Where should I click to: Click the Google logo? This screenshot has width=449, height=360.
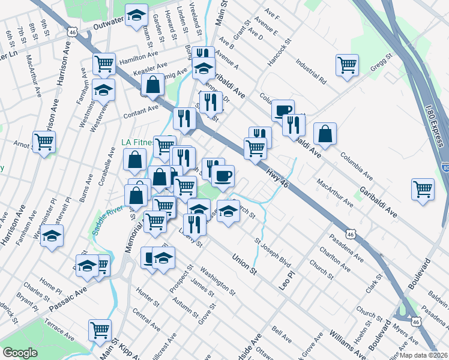(20, 353)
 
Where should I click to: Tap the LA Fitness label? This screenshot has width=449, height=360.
(136, 142)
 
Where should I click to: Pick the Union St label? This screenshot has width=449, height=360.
(244, 264)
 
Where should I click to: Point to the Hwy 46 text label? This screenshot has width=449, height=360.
(277, 179)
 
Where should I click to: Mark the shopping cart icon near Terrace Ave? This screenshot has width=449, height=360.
(100, 329)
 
